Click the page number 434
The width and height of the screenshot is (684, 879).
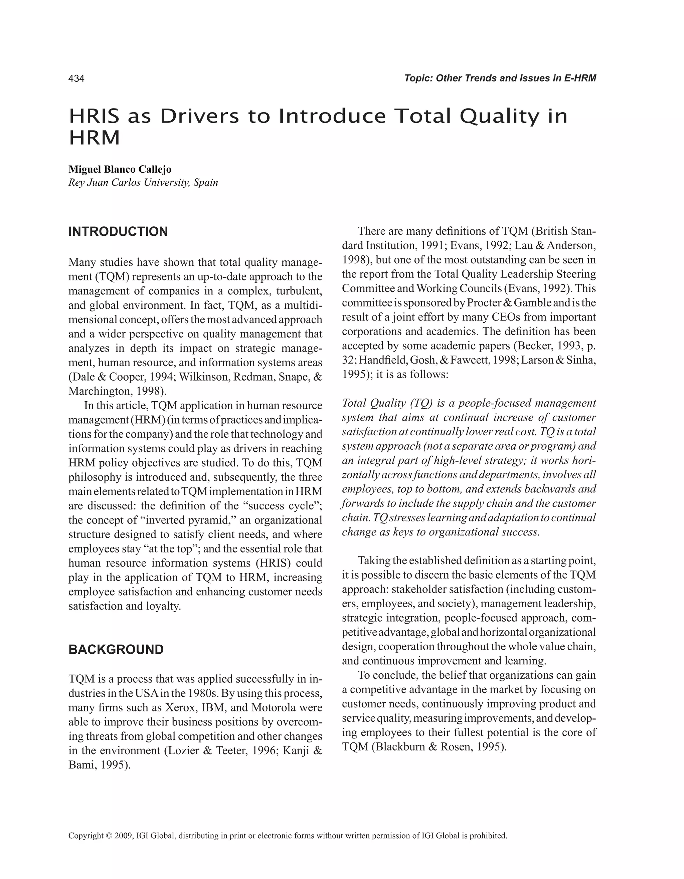76,79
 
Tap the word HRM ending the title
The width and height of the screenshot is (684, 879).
95,138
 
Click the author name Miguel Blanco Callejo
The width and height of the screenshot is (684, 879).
120,170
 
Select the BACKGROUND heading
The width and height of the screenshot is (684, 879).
116,649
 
